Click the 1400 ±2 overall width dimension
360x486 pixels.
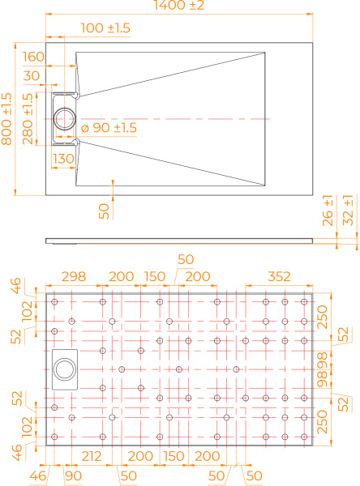tap(179, 6)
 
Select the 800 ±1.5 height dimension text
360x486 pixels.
tap(6, 119)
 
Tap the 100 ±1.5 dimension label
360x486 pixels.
tap(105, 28)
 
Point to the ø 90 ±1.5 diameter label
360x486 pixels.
tap(109, 128)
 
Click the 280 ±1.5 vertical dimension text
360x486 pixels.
tap(28, 119)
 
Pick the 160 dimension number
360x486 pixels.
tap(33, 57)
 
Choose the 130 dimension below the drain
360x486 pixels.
tap(63, 159)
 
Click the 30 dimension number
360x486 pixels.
tap(32, 76)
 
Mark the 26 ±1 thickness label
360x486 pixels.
tap(328, 211)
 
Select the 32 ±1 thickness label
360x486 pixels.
tap(348, 210)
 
